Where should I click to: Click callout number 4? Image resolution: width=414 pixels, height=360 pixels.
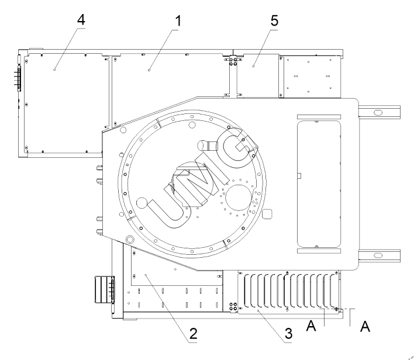tap(81, 19)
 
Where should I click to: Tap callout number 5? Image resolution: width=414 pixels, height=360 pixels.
tap(274, 19)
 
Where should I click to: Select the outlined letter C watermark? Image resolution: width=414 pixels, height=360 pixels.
tap(236, 147)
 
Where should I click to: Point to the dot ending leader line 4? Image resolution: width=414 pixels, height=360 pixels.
tap(54, 69)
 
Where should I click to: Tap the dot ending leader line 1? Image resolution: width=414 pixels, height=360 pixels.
tap(149, 69)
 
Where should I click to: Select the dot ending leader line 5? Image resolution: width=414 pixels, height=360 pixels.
tap(253, 68)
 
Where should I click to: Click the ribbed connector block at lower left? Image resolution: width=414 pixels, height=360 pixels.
tap(102, 289)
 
